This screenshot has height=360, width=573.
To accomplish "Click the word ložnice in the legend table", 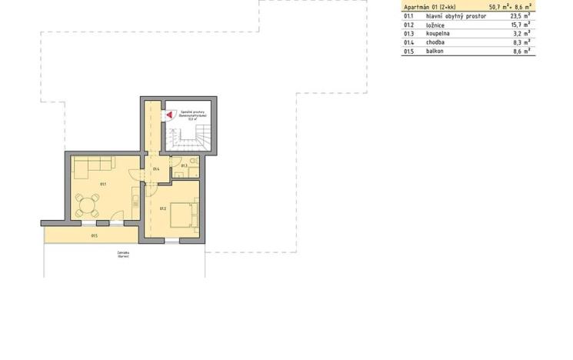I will point(436,25).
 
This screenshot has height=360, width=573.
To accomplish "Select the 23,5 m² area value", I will point(521,15).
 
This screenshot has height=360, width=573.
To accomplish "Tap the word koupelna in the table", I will point(438,34).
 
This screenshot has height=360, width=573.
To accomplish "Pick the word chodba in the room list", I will point(435,42).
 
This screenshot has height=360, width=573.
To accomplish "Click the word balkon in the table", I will point(435,52).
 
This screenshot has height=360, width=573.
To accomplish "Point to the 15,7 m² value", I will point(521,25).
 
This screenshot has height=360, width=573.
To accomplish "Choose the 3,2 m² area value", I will point(522,34).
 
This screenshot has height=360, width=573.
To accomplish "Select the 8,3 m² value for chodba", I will point(522,42).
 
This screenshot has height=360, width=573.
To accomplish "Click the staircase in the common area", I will point(192,139).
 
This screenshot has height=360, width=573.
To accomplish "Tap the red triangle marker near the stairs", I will point(168,114).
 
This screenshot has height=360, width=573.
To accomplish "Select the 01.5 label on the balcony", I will point(93,235).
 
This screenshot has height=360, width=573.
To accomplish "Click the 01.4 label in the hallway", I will point(156,169).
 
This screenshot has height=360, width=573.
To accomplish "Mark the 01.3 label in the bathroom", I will point(184,165).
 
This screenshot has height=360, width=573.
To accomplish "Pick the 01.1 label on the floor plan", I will point(103,184).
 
